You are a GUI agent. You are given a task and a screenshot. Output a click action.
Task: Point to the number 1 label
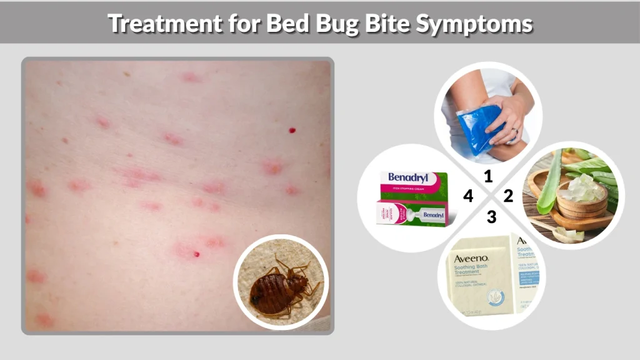point(488,177)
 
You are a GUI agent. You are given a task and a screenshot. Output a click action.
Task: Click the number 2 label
point(508,196)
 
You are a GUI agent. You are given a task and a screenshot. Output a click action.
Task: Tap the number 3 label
point(492,217)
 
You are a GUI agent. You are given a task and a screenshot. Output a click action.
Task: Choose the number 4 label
point(468,196)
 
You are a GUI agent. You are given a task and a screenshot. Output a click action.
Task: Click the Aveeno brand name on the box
point(471,257)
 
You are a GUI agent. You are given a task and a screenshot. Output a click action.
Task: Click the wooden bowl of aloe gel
point(582,201)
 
